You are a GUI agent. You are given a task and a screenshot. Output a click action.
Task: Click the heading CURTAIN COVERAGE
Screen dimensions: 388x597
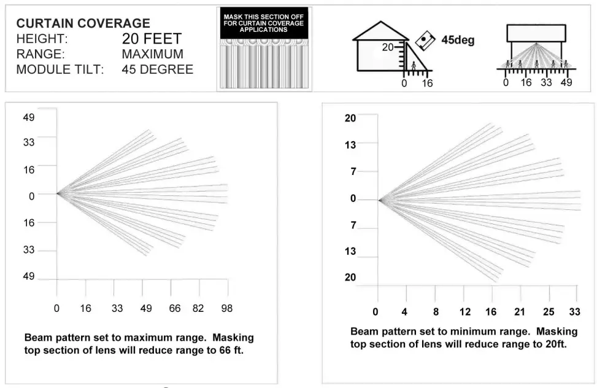[x=83, y=23]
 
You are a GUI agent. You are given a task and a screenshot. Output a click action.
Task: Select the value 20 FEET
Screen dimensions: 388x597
[x=152, y=39]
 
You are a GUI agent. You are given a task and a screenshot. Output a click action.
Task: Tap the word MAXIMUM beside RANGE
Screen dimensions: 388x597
[x=152, y=54]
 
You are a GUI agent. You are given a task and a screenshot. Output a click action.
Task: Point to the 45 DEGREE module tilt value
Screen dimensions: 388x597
[x=157, y=69]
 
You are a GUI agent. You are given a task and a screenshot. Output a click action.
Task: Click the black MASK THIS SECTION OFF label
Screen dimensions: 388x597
[x=264, y=23]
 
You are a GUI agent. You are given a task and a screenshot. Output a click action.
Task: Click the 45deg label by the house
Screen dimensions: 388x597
[x=458, y=41]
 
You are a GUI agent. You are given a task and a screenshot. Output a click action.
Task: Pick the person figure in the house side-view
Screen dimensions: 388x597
[x=414, y=67]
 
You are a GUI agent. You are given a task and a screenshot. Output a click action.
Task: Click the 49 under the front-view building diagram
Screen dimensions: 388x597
[x=566, y=83]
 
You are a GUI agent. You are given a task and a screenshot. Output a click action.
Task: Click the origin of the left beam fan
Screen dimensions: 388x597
[x=57, y=193]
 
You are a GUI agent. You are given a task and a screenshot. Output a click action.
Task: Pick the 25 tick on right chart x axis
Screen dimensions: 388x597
[x=549, y=312]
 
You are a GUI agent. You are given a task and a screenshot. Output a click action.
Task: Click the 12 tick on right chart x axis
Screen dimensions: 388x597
[x=465, y=312]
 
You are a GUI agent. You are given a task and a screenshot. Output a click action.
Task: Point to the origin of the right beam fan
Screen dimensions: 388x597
[x=379, y=200]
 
